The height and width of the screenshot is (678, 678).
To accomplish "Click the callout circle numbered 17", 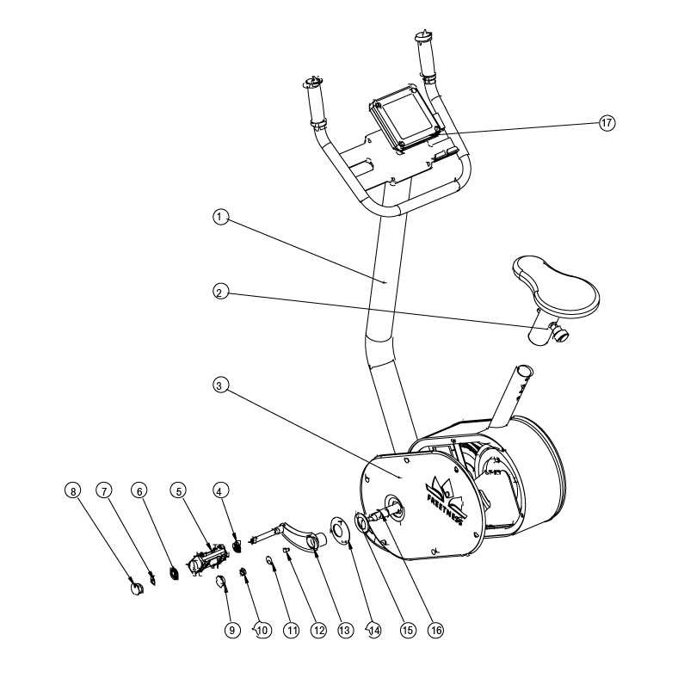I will point(607,122).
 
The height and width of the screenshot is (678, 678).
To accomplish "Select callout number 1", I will point(221,218).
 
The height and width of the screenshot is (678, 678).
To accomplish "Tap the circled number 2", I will point(221,292).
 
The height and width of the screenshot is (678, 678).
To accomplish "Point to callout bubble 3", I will point(221,386).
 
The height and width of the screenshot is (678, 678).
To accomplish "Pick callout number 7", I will point(104,491).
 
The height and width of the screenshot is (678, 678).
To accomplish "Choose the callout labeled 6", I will point(139,491).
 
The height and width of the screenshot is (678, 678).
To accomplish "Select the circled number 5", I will point(178,491).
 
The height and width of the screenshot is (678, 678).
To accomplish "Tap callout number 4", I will point(221,491).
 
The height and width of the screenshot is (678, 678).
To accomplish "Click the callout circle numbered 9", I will point(231,630).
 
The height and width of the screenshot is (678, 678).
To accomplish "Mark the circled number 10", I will point(262,630).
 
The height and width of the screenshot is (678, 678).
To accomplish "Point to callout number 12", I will point(318,630).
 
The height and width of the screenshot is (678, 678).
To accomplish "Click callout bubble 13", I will point(346,630).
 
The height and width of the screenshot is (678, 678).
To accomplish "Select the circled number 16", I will point(435,630).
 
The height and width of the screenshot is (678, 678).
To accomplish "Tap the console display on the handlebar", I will point(405,118).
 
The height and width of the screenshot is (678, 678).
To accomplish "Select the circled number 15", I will point(407,630).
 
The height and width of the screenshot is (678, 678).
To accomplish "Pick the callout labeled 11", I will point(291,630).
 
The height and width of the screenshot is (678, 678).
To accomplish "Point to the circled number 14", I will point(373,630).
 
